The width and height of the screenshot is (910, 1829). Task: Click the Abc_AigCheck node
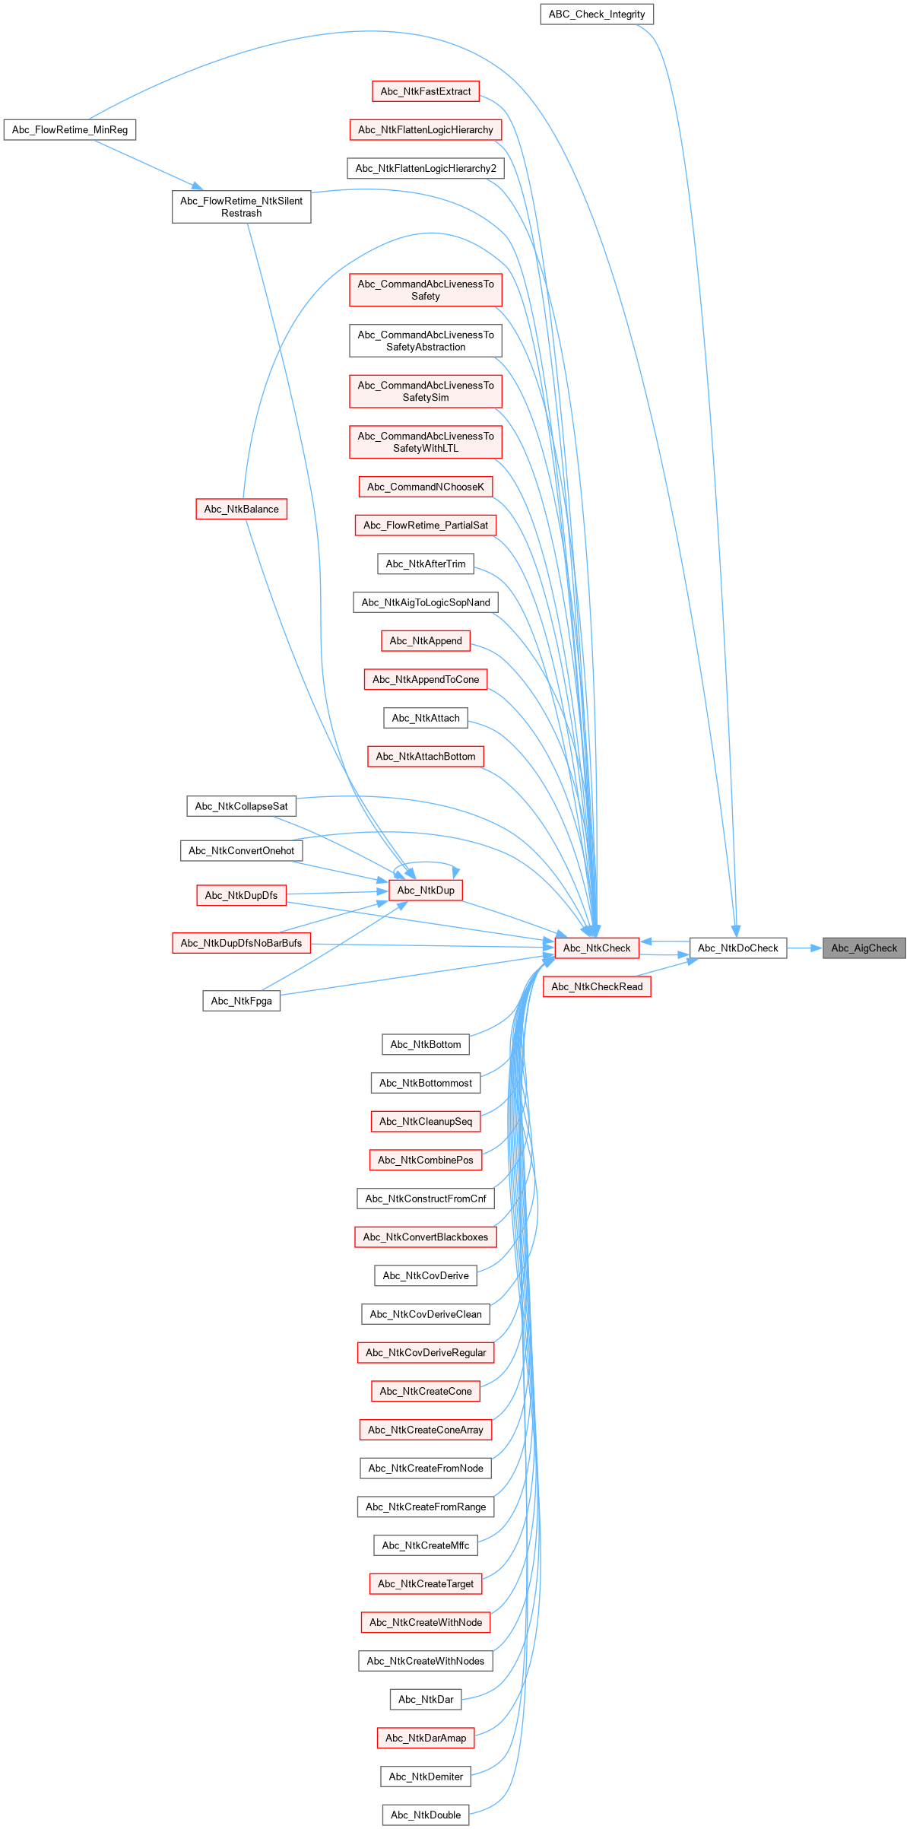point(864,948)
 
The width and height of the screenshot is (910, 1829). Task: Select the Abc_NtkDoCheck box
point(737,948)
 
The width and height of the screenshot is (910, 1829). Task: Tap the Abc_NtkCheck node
point(597,948)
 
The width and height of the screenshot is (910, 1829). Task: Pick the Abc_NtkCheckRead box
point(597,986)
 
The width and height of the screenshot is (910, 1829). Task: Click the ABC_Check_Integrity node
point(597,14)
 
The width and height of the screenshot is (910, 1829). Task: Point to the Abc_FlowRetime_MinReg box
point(70,130)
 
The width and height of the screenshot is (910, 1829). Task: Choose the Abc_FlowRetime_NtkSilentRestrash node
point(241,207)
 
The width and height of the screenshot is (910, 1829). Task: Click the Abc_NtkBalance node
point(241,509)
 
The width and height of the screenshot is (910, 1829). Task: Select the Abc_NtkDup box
point(426,891)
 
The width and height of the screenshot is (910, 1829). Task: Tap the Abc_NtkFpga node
point(241,1001)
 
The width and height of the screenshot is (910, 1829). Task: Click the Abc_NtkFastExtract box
point(426,91)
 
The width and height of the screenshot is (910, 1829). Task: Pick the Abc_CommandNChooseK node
point(426,487)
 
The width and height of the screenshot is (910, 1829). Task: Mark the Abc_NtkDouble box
point(426,1815)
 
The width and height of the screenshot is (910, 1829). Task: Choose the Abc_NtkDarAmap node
point(426,1738)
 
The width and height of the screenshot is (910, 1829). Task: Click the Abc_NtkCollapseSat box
point(241,806)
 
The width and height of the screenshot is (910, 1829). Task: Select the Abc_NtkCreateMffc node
point(426,1545)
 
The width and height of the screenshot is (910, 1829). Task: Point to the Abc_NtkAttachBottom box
point(426,756)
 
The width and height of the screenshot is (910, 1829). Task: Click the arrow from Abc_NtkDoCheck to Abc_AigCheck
point(804,948)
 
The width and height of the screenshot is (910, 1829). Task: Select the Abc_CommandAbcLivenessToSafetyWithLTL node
point(426,442)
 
